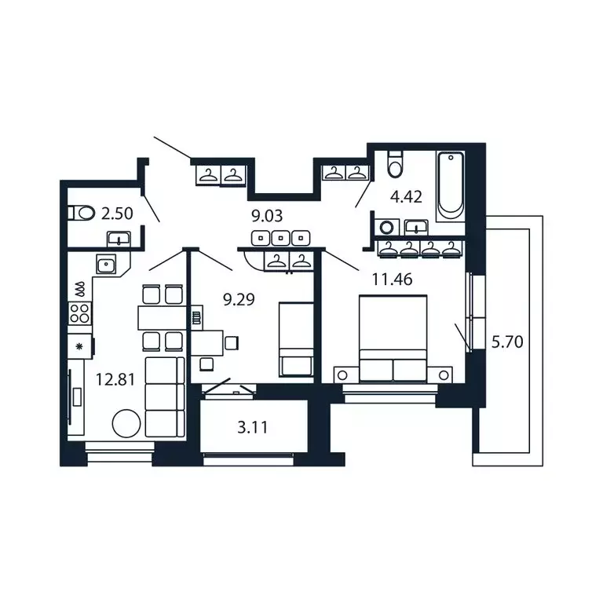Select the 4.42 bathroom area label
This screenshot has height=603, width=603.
click(x=407, y=196)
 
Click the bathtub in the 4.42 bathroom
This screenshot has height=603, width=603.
click(x=451, y=185)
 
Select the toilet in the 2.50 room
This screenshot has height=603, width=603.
click(x=81, y=212)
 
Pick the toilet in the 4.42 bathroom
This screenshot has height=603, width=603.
click(x=394, y=165)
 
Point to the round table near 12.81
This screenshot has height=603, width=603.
click(x=127, y=423)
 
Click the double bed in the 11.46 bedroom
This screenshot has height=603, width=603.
click(x=393, y=338)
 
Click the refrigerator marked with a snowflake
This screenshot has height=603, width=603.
click(x=79, y=345)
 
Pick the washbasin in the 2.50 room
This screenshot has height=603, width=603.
click(x=119, y=238)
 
